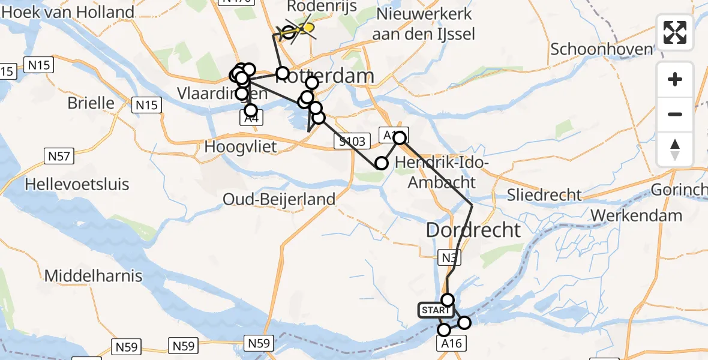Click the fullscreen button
coord(675,32)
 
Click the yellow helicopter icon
coord(306,28)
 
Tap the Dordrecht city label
coord(473,230)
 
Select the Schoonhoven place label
coord(601,49)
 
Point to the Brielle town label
coord(91,103)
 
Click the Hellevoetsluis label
coord(77,184)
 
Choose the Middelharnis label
coord(93,276)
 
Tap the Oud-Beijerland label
coord(279,199)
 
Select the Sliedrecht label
coord(544,194)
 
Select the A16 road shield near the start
coord(452,343)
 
